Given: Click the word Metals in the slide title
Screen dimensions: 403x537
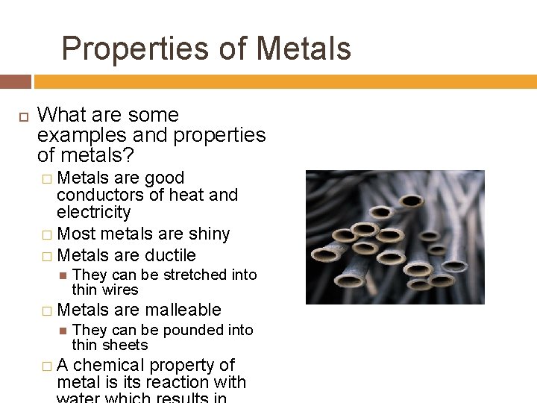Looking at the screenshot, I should coord(304,49).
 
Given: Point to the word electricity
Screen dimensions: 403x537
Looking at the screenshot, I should coord(93,212).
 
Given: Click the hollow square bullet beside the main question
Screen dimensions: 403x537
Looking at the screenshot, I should coord(22,116).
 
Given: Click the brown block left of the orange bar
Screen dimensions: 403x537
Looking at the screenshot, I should coord(16,81).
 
